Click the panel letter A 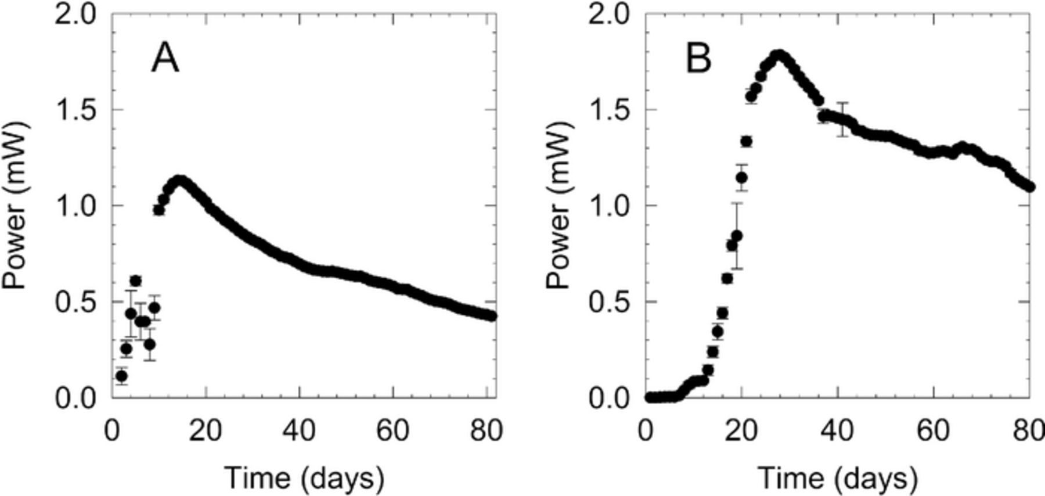(165, 59)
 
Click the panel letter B (698, 59)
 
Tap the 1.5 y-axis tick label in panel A (78, 110)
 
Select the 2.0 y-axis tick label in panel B (612, 14)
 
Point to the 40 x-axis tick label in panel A (299, 431)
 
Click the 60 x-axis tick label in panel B (933, 431)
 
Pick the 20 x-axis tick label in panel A (206, 431)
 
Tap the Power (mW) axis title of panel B (559, 206)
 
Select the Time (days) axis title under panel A (304, 478)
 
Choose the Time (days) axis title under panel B (838, 478)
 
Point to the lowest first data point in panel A (121, 376)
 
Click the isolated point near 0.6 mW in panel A (136, 281)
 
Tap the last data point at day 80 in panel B (1030, 187)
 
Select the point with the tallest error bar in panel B (737, 235)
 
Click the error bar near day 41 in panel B (842, 119)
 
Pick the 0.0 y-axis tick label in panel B (612, 398)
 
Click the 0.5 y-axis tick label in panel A (78, 302)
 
